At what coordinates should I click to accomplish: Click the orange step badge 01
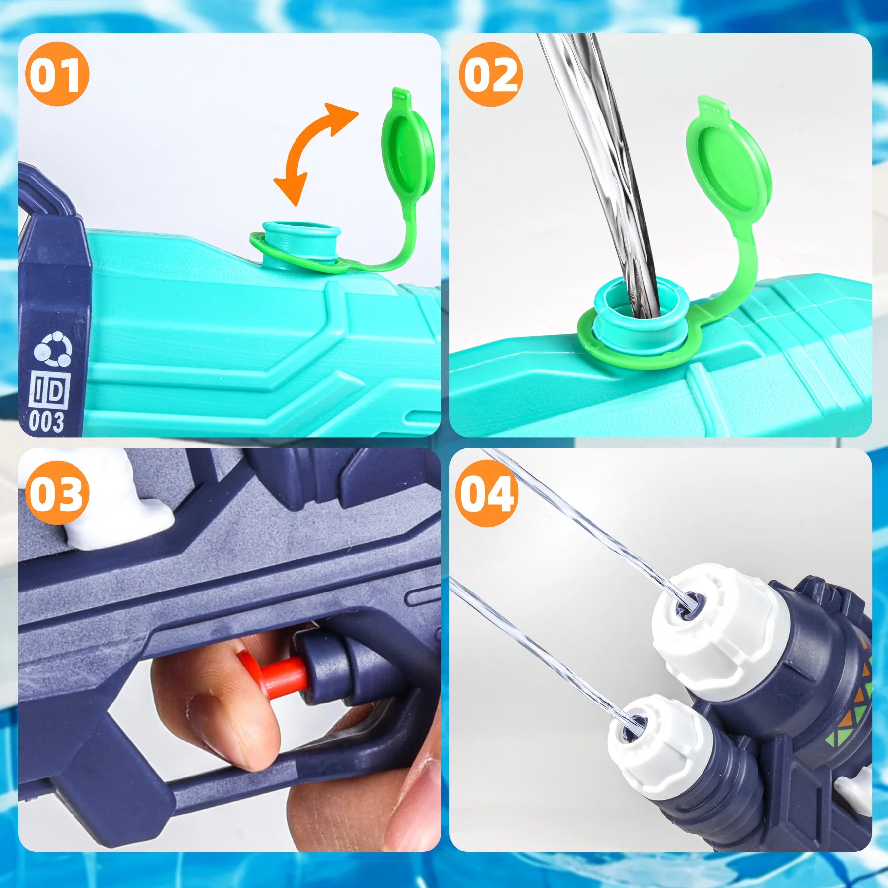(x=57, y=74)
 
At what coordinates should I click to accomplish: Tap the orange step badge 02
(x=491, y=74)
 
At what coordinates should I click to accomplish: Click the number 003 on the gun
(x=46, y=422)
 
